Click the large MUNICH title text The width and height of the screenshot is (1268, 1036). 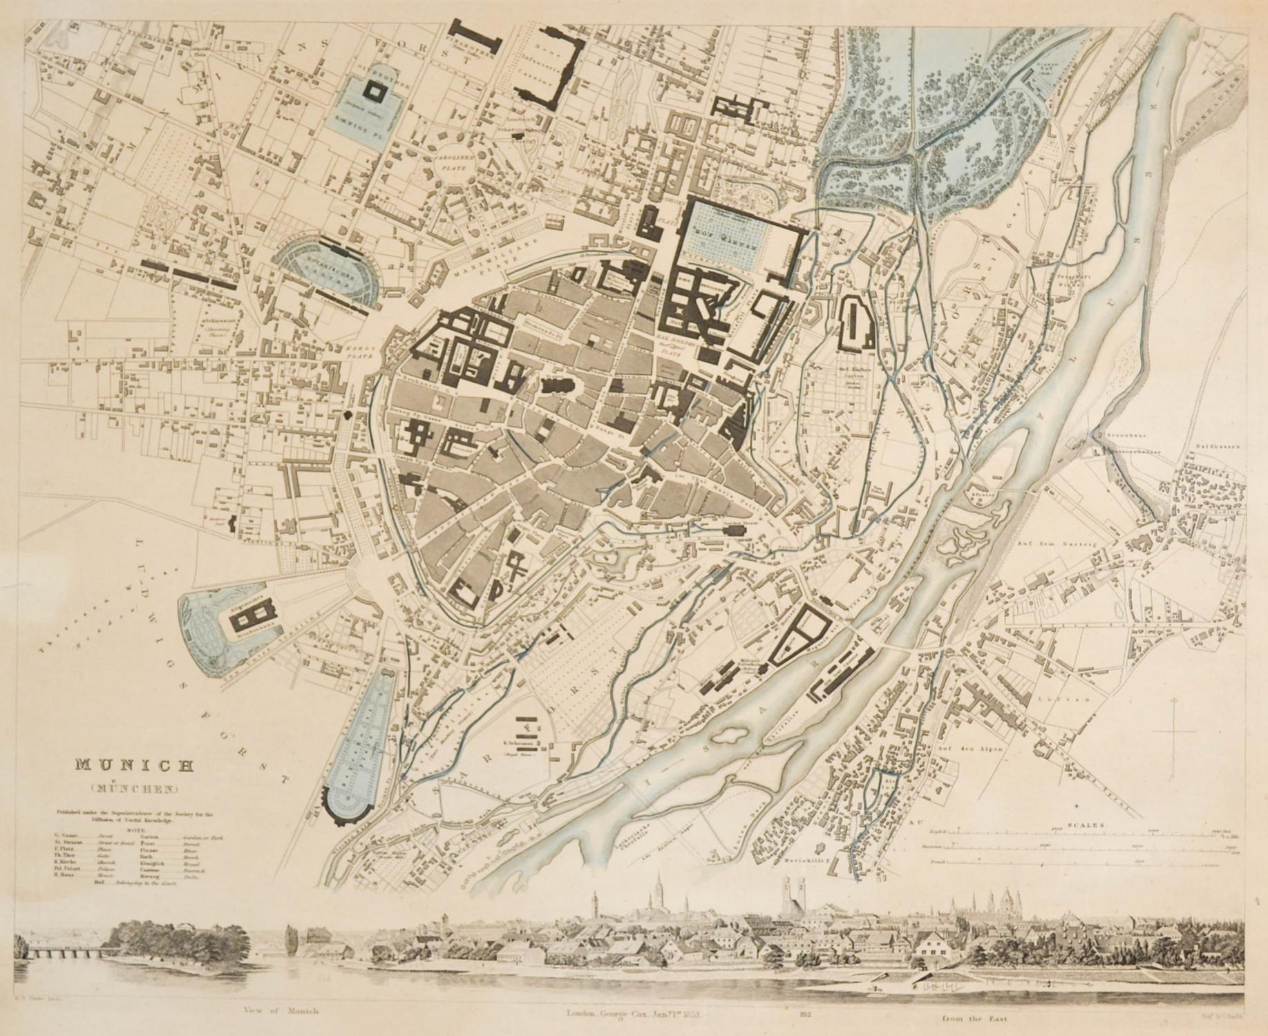(134, 765)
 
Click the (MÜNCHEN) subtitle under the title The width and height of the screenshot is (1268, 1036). (134, 787)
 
